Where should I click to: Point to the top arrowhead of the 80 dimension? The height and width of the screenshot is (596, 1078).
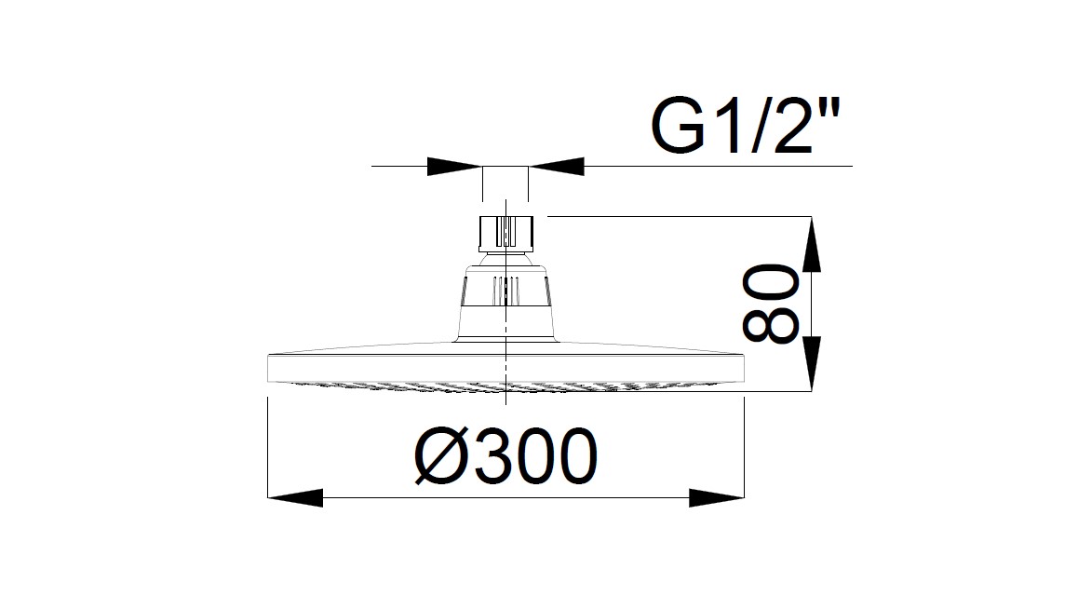pyautogui.click(x=813, y=244)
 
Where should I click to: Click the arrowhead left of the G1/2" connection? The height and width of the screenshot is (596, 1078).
pyautogui.click(x=454, y=167)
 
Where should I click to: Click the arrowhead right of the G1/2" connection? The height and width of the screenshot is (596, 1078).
pyautogui.click(x=557, y=167)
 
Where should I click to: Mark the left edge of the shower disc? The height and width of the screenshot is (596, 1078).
pyautogui.click(x=270, y=368)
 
